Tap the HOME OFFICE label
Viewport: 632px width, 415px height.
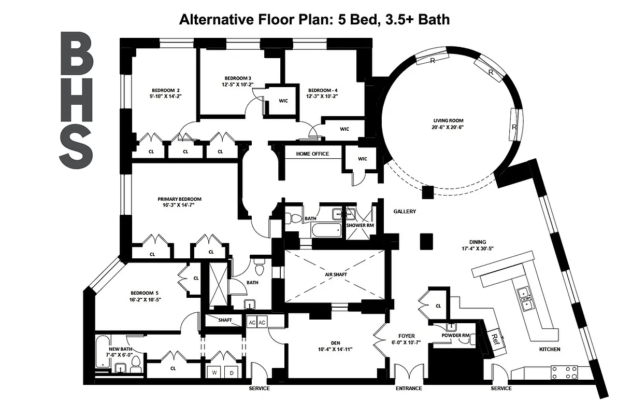(x=312, y=154)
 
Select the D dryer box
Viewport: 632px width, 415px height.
(x=232, y=372)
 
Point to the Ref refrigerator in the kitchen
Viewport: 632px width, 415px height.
(x=494, y=341)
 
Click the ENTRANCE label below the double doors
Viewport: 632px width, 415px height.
(x=408, y=389)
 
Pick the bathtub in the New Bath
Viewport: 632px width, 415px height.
(x=103, y=352)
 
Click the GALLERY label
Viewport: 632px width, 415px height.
(x=405, y=212)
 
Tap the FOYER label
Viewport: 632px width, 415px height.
(x=407, y=335)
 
